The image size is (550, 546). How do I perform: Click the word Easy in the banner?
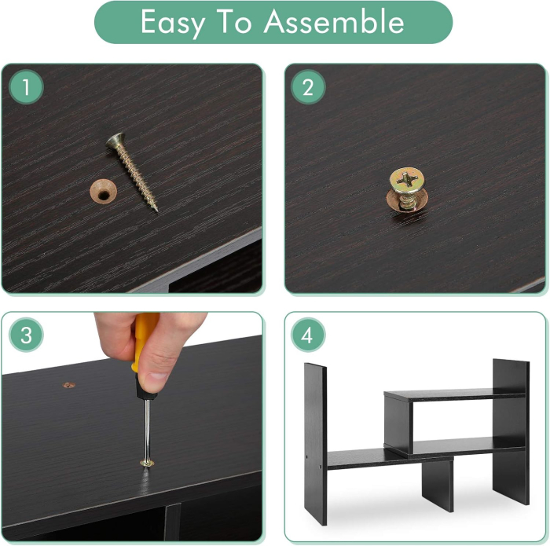173,23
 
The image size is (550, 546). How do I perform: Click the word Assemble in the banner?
334,21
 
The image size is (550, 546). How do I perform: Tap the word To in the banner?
233,22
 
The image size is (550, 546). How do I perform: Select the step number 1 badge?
26,87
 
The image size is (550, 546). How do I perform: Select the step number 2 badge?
308,87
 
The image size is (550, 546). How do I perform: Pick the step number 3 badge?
26,335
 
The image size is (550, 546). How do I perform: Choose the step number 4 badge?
308,335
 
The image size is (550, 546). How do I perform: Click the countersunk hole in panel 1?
103,191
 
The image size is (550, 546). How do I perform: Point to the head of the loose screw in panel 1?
115,141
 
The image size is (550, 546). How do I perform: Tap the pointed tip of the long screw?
157,211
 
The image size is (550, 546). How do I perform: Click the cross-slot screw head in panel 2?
407,180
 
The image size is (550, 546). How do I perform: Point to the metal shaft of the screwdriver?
148,430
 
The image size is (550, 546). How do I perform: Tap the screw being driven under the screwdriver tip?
147,464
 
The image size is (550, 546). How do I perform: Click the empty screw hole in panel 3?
69,385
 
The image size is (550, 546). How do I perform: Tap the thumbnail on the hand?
157,378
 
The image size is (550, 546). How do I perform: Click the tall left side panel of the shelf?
315,444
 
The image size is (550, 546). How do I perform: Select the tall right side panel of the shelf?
511,431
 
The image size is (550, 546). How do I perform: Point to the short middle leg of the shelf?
437,486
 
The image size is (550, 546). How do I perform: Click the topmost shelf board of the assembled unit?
455,395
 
